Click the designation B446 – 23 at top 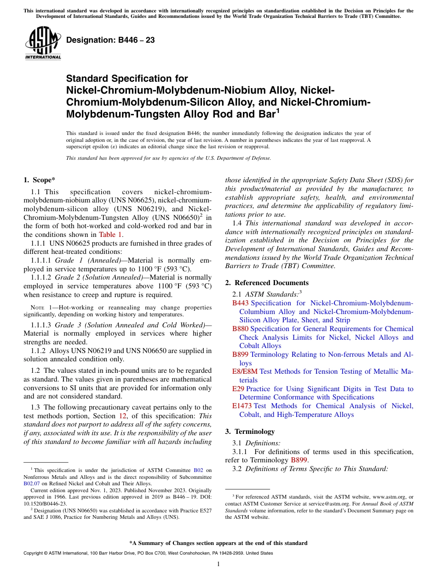click(110, 40)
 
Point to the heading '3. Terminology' click(250, 432)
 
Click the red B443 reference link click(240, 303)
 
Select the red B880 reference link click(240, 329)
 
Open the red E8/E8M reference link click(245, 371)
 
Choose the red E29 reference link click(238, 389)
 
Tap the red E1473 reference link click(242, 406)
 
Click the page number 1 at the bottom click(218, 564)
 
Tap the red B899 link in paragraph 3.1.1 click(299, 460)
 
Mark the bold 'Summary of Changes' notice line click(218, 543)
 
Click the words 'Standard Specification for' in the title click(127, 79)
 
